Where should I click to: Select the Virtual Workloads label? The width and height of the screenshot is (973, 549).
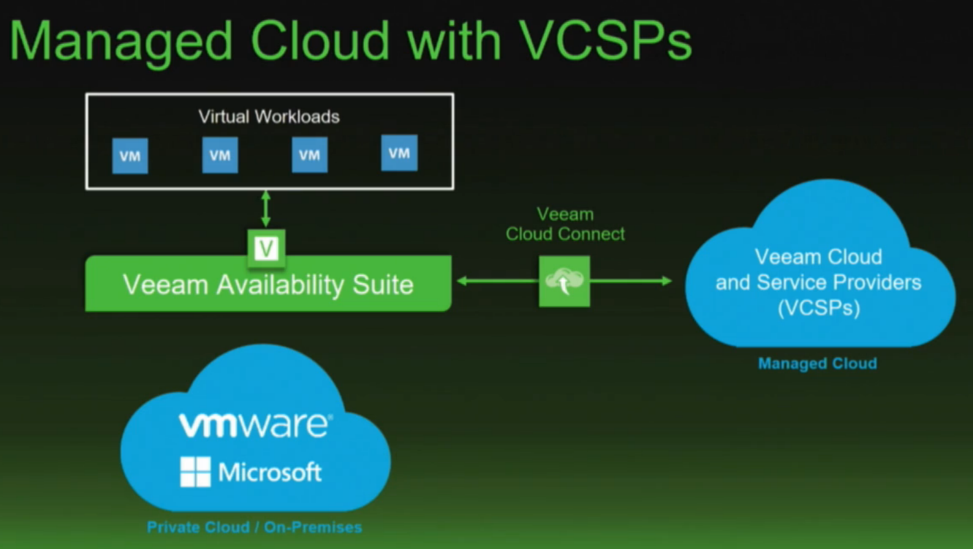coord(269,117)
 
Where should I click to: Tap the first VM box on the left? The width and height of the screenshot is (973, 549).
coord(130,156)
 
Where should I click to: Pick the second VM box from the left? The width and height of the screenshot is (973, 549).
coord(220,155)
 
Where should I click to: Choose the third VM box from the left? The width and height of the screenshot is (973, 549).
coord(309,155)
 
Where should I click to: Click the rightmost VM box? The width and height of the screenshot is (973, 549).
coord(399,153)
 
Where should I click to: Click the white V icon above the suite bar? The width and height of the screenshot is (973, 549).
coord(266,248)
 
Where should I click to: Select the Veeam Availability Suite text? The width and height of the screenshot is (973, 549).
coord(268,285)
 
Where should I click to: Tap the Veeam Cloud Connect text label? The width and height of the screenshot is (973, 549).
coord(565,224)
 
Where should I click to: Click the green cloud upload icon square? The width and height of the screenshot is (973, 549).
coord(565,281)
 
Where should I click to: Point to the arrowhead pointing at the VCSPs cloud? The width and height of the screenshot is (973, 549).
coord(666,281)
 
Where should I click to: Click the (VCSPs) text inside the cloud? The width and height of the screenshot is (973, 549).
coord(818,307)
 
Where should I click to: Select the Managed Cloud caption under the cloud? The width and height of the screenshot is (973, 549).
coord(817,364)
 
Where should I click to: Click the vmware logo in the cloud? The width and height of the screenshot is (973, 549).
coord(255,425)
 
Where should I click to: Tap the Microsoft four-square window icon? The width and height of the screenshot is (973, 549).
coord(196,471)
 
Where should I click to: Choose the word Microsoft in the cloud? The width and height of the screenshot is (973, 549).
coord(269,472)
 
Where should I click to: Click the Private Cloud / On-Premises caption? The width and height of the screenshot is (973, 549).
coord(254,527)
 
